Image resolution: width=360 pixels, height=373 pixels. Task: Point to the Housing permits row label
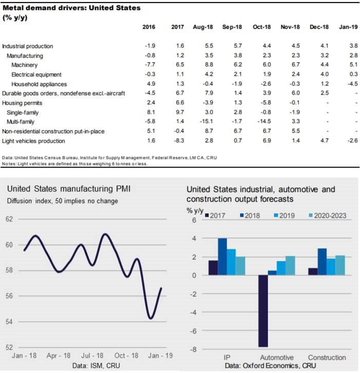coord(21,103)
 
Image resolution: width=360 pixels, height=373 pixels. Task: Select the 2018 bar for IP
coord(222,256)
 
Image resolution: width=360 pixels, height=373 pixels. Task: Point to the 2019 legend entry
coord(290,215)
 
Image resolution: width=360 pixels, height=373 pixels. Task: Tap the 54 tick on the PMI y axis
coord(9,322)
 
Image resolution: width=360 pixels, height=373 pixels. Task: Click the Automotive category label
coord(277,357)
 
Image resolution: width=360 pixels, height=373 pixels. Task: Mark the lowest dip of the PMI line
coord(150,319)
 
